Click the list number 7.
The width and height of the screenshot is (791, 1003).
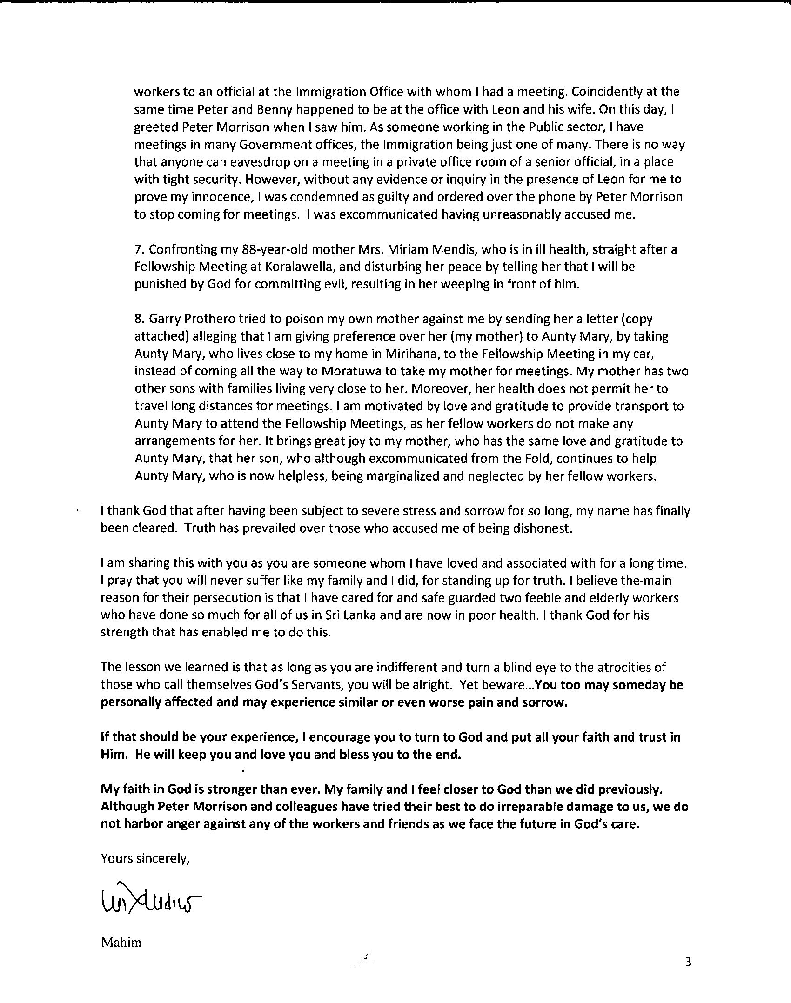coord(138,250)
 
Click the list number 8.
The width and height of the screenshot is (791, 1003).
coord(138,319)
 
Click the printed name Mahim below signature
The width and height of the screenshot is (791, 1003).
coord(121,943)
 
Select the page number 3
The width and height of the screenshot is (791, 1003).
coord(688,962)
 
